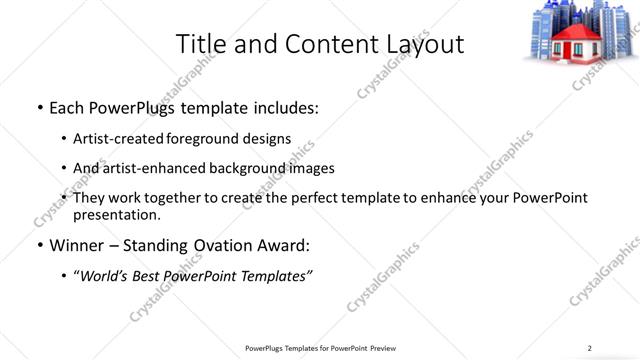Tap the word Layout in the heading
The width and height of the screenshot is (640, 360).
tap(424, 44)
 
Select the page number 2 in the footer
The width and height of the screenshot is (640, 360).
tap(589, 348)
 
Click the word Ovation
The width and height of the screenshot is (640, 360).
tap(229, 245)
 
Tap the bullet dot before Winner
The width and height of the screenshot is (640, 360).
tap(38, 245)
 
